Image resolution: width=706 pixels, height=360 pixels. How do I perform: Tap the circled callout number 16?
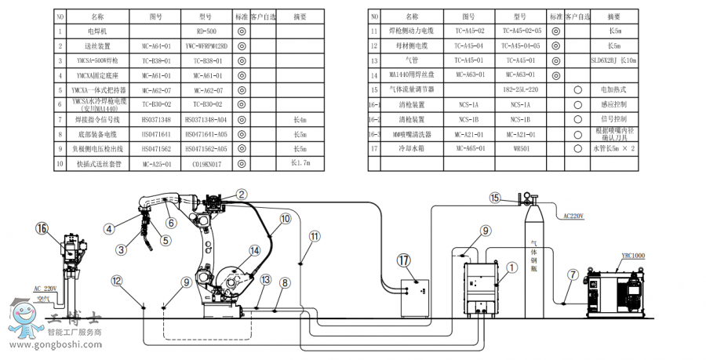(42, 228)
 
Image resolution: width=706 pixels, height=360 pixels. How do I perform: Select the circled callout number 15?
(494, 198)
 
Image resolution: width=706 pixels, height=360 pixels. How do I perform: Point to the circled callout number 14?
(254, 251)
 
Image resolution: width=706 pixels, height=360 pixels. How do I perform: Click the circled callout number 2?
(242, 194)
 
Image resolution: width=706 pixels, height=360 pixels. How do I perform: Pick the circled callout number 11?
(315, 235)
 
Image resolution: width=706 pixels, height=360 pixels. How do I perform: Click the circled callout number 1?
(511, 267)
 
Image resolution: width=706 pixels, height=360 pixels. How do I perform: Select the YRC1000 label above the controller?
(632, 256)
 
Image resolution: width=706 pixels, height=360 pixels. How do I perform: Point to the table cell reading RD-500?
(206, 31)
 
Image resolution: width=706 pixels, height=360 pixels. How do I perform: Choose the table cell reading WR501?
(520, 147)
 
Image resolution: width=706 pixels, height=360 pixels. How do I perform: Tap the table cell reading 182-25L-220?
(520, 89)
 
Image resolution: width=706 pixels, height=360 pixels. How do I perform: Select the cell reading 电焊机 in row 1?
(97, 31)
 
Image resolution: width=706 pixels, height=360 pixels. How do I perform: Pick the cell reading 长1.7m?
(300, 163)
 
